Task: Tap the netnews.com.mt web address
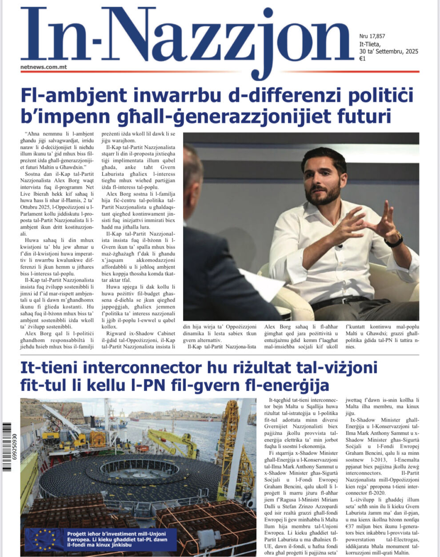click(44, 67)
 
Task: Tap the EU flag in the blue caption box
click(44, 539)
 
